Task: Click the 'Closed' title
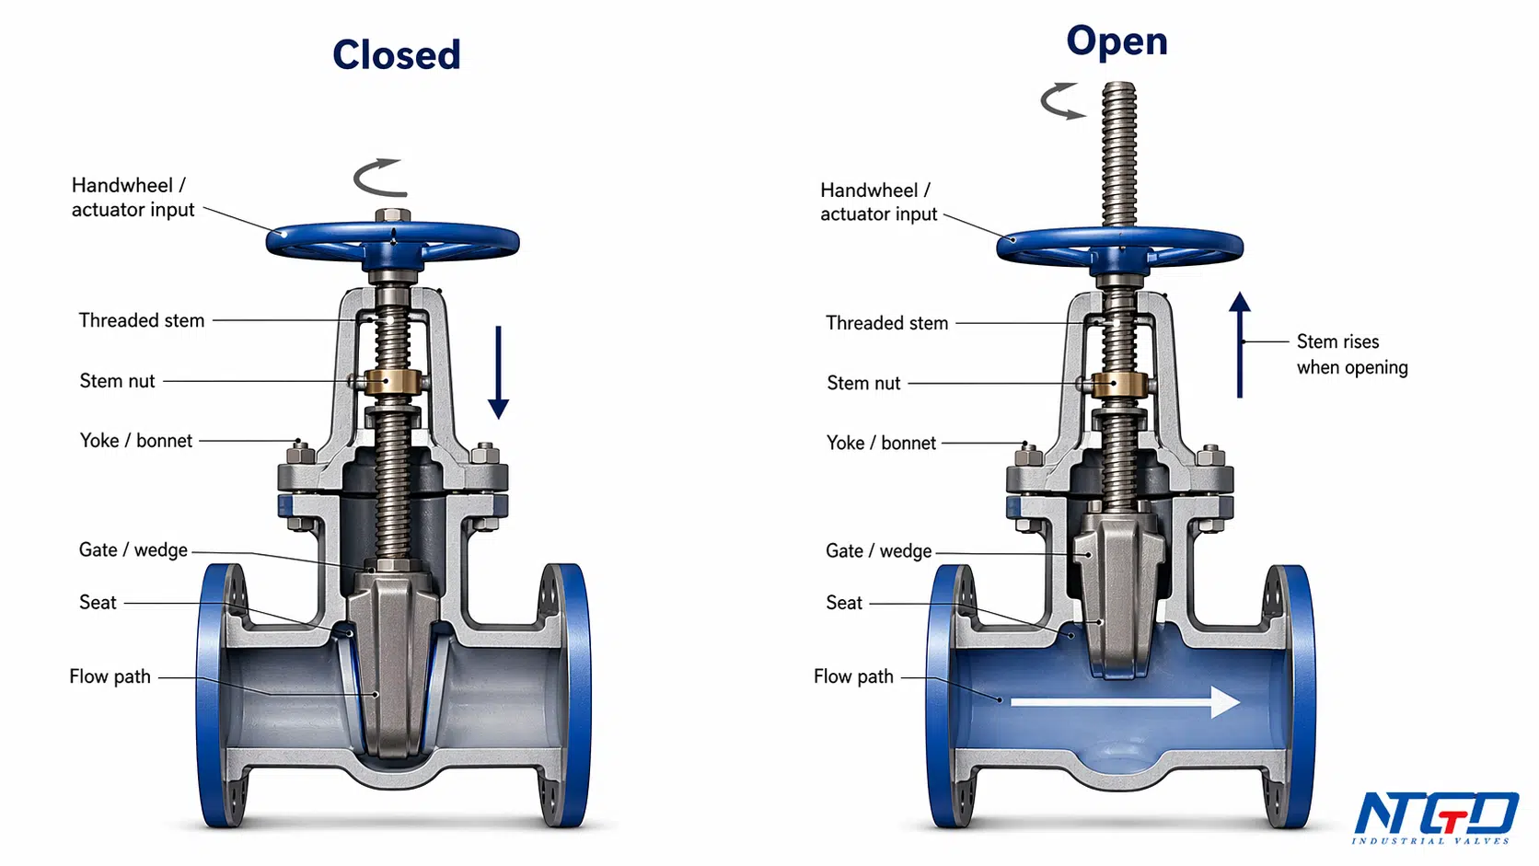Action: point(397,55)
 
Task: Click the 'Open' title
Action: point(1117,42)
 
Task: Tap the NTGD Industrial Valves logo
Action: point(1436,817)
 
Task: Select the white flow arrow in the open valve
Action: point(1126,702)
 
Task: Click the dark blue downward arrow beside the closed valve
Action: point(498,372)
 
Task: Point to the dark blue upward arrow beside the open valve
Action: point(1240,345)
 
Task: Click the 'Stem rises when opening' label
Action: point(1351,354)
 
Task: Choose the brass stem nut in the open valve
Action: point(1118,385)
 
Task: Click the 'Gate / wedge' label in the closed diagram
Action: point(133,550)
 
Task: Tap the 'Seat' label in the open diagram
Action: point(844,603)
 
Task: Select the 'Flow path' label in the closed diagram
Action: point(110,676)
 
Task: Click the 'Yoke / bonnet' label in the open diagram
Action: point(881,443)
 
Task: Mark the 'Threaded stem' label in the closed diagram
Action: point(142,320)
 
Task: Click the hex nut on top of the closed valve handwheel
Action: point(393,215)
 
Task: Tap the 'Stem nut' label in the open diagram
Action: point(863,383)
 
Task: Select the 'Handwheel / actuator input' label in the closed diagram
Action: point(133,197)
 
